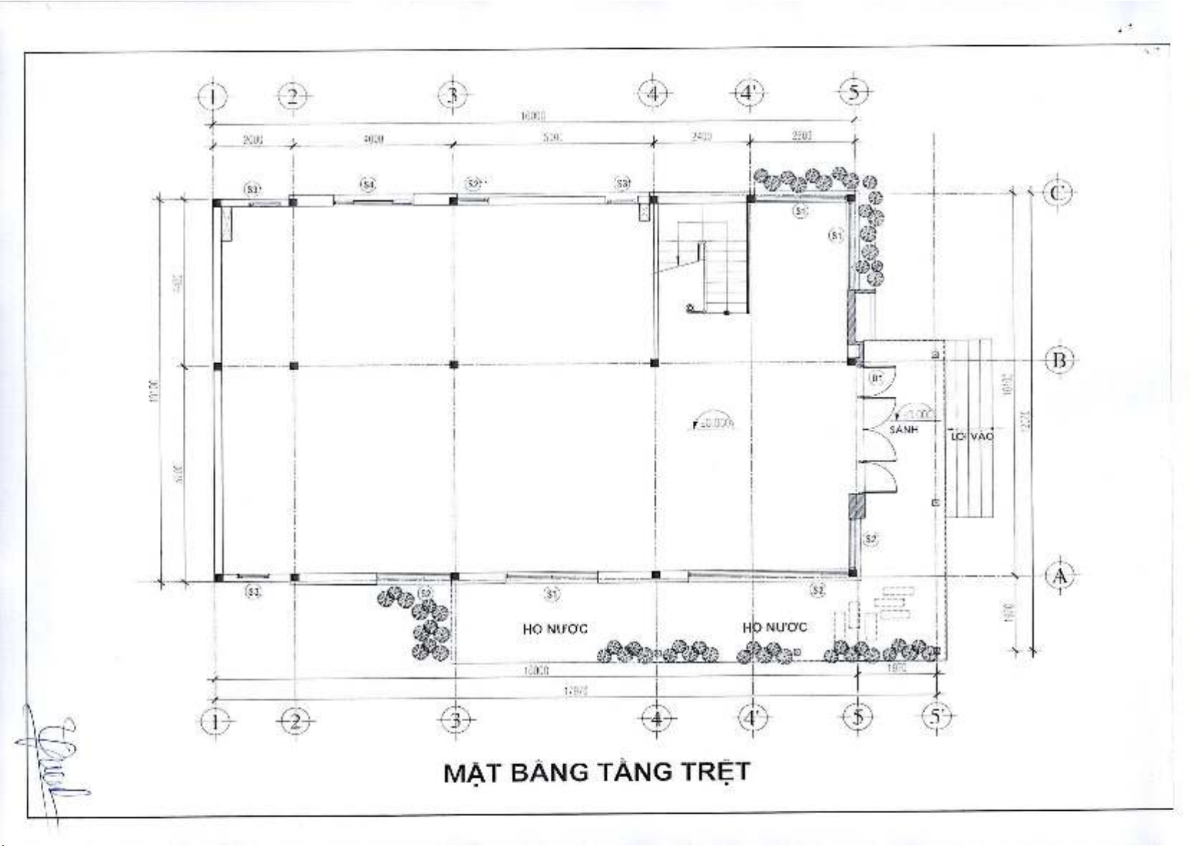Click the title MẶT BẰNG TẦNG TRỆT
[596, 772]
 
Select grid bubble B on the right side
[1059, 359]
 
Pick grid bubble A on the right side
[1059, 575]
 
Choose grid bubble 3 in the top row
[453, 95]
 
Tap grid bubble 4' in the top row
[749, 93]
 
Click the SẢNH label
[903, 429]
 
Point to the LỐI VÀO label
[972, 436]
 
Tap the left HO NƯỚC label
[554, 629]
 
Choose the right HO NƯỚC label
[774, 627]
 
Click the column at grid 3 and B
[453, 365]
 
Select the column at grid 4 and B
[654, 363]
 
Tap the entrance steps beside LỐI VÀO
[969, 428]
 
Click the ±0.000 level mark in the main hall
[713, 423]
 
